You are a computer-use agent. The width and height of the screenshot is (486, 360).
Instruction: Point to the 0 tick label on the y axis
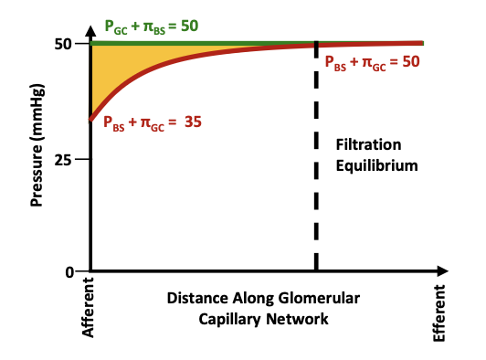point(69,272)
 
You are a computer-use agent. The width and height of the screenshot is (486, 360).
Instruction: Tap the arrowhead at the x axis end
point(441,271)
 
